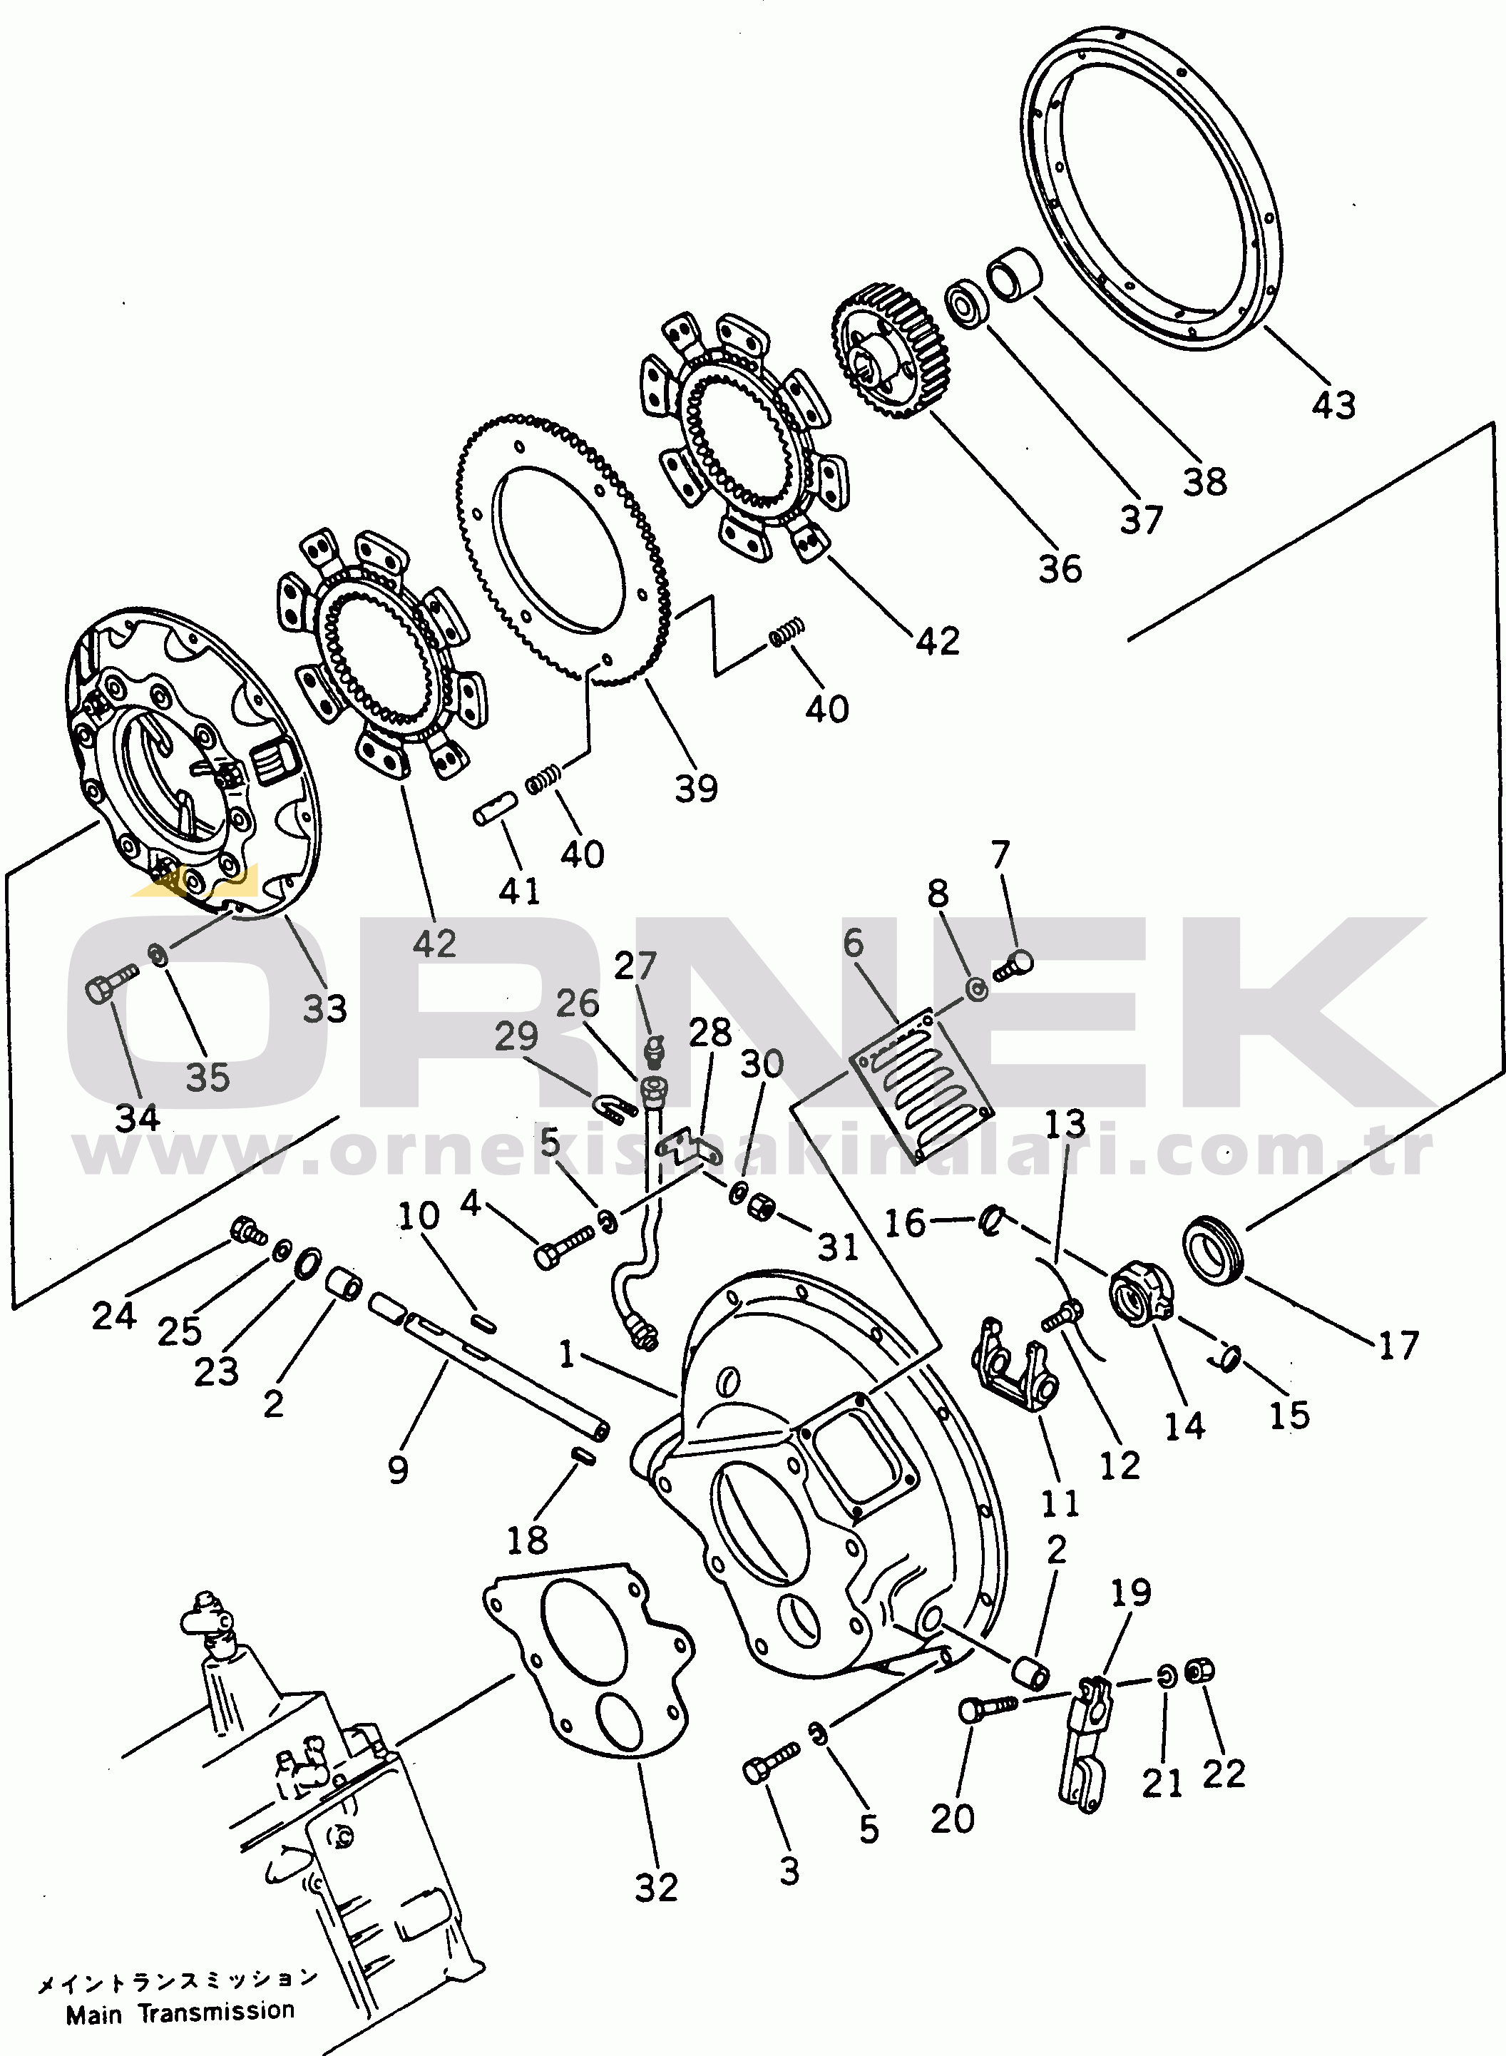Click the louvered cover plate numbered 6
click(x=921, y=1083)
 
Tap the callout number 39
click(x=697, y=788)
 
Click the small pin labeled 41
click(x=495, y=809)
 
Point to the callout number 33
click(x=324, y=1008)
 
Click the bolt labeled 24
click(x=248, y=1231)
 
